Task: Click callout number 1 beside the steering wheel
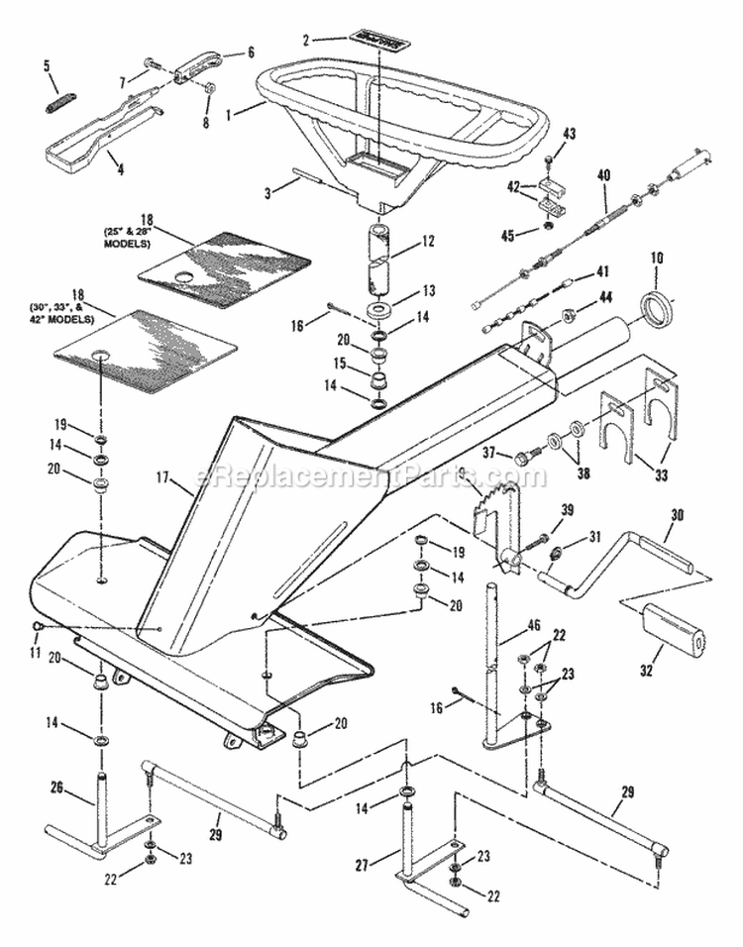coord(231,114)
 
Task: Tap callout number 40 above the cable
coord(604,175)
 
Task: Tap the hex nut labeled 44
coord(573,318)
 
